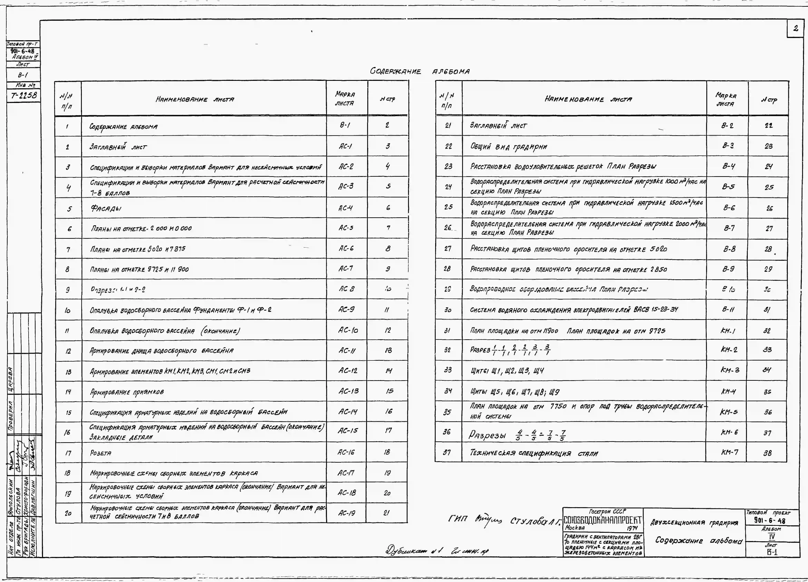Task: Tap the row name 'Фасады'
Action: pos(106,208)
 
